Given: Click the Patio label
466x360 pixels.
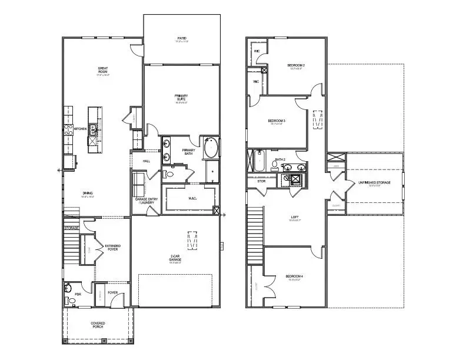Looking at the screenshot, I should [x=182, y=39].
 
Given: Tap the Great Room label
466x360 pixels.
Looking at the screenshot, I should [x=103, y=70].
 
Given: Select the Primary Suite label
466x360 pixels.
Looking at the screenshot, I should [x=181, y=98].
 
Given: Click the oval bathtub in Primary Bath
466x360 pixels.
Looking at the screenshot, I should [x=211, y=148].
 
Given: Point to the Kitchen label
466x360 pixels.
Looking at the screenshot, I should [x=80, y=128].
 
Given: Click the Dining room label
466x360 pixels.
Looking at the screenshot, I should [x=88, y=193].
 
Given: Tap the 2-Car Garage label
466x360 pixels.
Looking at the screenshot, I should [x=175, y=256].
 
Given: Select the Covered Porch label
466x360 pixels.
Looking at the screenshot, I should [x=98, y=324].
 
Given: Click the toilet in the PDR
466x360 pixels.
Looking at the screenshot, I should [x=72, y=301].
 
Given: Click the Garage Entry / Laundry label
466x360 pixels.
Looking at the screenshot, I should [x=145, y=201].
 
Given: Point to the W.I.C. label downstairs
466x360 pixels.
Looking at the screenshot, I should [x=192, y=198].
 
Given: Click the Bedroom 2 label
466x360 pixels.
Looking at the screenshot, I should [x=295, y=65].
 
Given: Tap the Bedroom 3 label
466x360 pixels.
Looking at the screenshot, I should [x=278, y=121].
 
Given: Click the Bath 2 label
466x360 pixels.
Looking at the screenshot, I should [x=280, y=159].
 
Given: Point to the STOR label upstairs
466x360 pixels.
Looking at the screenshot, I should [x=261, y=181].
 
